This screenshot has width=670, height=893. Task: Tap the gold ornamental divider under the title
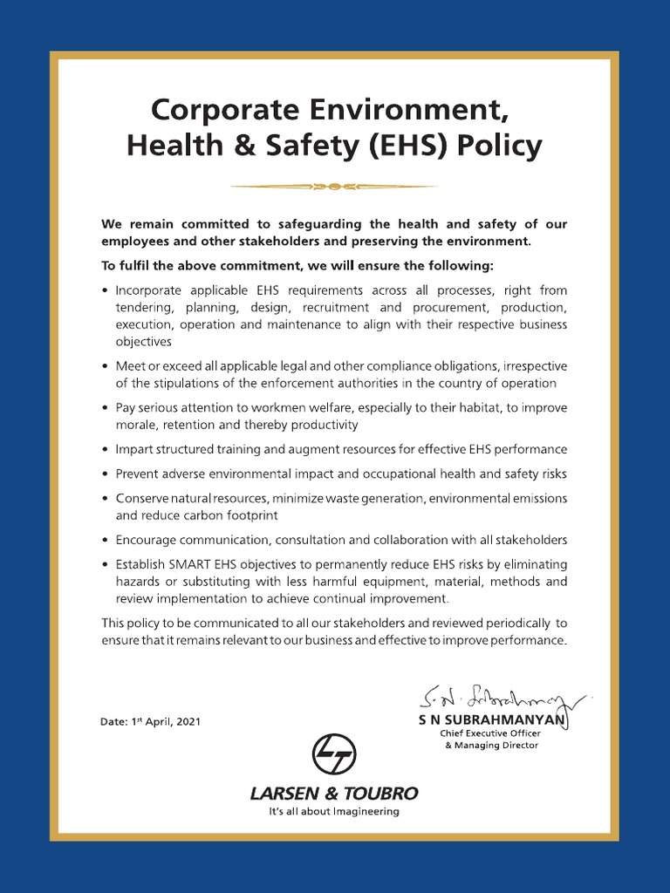[x=334, y=185]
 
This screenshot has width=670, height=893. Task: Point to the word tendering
[x=145, y=307]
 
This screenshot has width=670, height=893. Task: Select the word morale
[x=137, y=425]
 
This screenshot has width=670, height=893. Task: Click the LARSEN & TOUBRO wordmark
[x=334, y=794]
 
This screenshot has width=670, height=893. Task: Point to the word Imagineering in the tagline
[x=359, y=812]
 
